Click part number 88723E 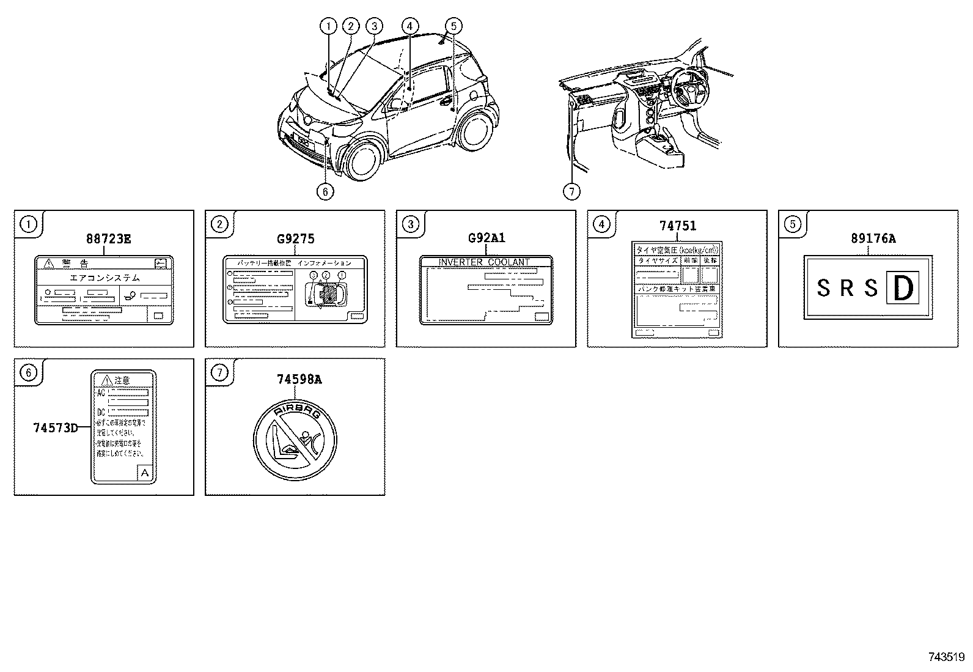[108, 239]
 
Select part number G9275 [296, 239]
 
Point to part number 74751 [677, 226]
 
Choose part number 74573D [56, 428]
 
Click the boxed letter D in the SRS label [902, 289]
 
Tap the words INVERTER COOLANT [485, 262]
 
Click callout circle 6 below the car [325, 191]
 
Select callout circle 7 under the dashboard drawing [571, 191]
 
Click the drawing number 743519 [946, 657]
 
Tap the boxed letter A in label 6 [145, 472]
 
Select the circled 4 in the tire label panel [601, 224]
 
